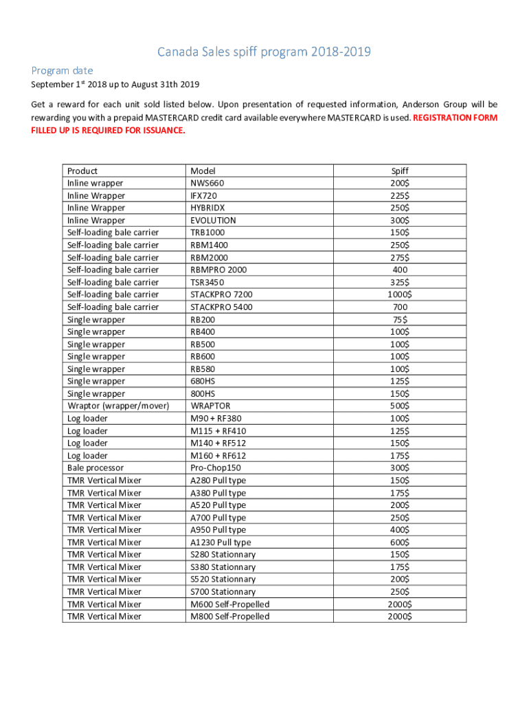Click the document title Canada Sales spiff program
pyautogui.click(x=264, y=52)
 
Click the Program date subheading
pyautogui.click(x=62, y=70)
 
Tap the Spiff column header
pyautogui.click(x=400, y=170)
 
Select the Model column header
pyautogui.click(x=203, y=170)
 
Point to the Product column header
pyautogui.click(x=82, y=170)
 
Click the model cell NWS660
pyautogui.click(x=207, y=183)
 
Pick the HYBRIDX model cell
pyautogui.click(x=207, y=208)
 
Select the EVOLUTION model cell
pyautogui.click(x=213, y=220)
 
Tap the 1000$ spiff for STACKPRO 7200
pyautogui.click(x=400, y=294)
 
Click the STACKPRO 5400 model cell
pyautogui.click(x=221, y=307)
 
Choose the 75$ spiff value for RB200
pyautogui.click(x=400, y=319)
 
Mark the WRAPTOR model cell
pyautogui.click(x=210, y=406)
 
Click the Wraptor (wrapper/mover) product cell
pyautogui.click(x=117, y=406)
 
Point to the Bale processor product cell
pyautogui.click(x=95, y=467)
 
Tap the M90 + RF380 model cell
pyautogui.click(x=216, y=418)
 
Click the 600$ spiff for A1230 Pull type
pyautogui.click(x=400, y=542)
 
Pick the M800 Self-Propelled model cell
pyautogui.click(x=229, y=616)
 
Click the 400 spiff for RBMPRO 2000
pyautogui.click(x=400, y=269)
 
